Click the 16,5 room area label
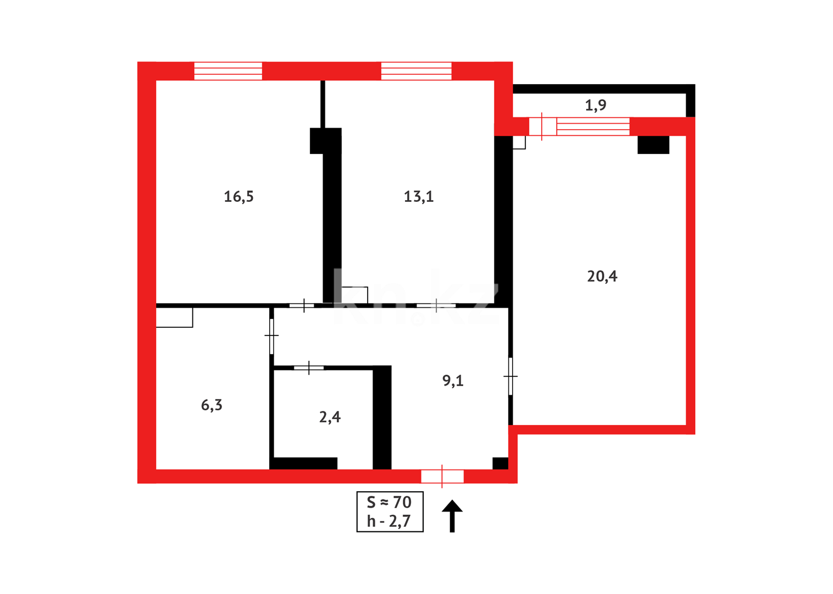pos(238,196)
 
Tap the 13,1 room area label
pos(419,196)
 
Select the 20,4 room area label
pos(602,276)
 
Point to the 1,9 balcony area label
pos(596,105)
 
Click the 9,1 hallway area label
pos(453,381)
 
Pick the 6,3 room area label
pos(212,405)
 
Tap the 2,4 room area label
pos(330,417)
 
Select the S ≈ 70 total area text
pos(390,502)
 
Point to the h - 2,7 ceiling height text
pos(389,521)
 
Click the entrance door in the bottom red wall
pos(442,476)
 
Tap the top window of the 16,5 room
pos(228,71)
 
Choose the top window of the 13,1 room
pos(416,71)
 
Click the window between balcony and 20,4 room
pos(592,127)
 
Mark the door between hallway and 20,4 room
pos(510,376)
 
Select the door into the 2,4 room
pos(309,367)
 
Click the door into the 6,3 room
pos(271,335)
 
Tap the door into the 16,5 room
pos(303,305)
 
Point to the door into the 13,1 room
pos(436,305)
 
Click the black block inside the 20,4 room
pos(653,145)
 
